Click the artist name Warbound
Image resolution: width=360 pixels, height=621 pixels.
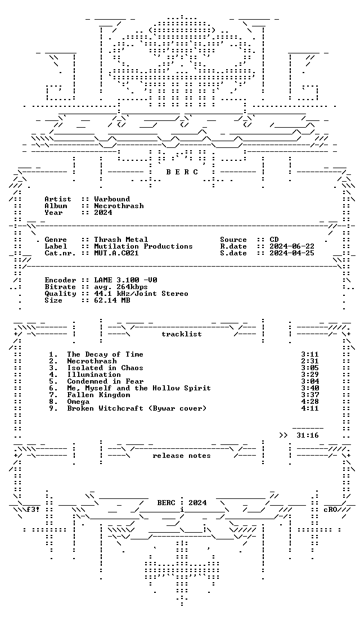(112, 199)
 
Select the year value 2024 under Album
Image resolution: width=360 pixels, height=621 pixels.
(103, 213)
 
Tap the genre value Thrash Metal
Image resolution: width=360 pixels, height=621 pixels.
(121, 240)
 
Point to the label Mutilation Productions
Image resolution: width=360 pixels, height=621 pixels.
(143, 246)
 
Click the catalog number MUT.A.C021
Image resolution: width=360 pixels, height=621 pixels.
(116, 253)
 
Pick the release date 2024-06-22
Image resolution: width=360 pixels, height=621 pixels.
(292, 246)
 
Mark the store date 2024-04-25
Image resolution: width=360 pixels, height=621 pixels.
(292, 253)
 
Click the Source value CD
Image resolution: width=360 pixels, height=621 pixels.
(274, 240)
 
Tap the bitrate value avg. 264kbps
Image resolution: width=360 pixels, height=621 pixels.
(121, 287)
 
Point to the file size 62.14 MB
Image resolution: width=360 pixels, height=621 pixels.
(112, 300)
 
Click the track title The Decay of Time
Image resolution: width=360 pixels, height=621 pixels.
(105, 354)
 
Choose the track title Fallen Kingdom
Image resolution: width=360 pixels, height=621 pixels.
(98, 395)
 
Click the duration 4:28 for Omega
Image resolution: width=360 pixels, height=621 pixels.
(310, 402)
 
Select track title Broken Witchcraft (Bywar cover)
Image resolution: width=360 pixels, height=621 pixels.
(137, 408)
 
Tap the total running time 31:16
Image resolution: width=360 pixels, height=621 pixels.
(307, 435)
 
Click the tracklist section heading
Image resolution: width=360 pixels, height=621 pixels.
(181, 334)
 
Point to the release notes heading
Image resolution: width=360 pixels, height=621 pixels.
(181, 456)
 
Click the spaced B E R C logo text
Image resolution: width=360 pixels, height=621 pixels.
(181, 172)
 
